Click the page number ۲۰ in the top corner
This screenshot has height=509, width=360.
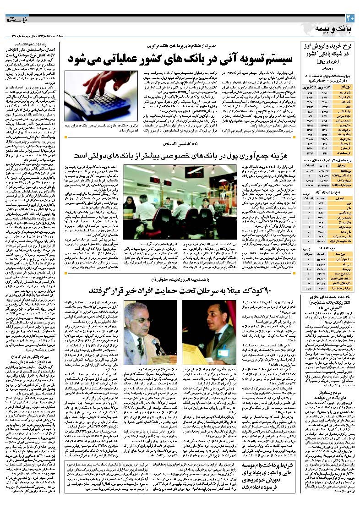pos(350,18)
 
